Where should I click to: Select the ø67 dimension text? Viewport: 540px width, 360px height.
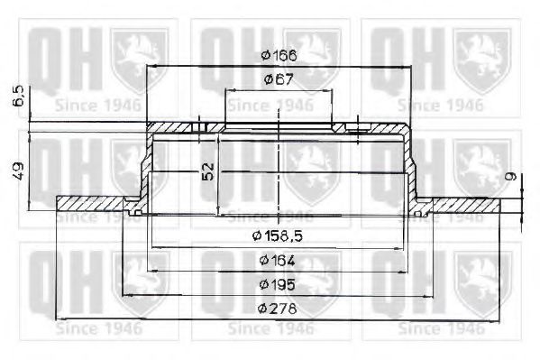[x=279, y=80]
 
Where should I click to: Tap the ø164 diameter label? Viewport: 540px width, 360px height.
[x=279, y=262]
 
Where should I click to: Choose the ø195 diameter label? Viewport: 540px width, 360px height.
[x=279, y=285]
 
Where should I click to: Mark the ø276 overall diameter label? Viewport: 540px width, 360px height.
[x=279, y=309]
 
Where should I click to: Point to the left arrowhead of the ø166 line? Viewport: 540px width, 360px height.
[x=150, y=67]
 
